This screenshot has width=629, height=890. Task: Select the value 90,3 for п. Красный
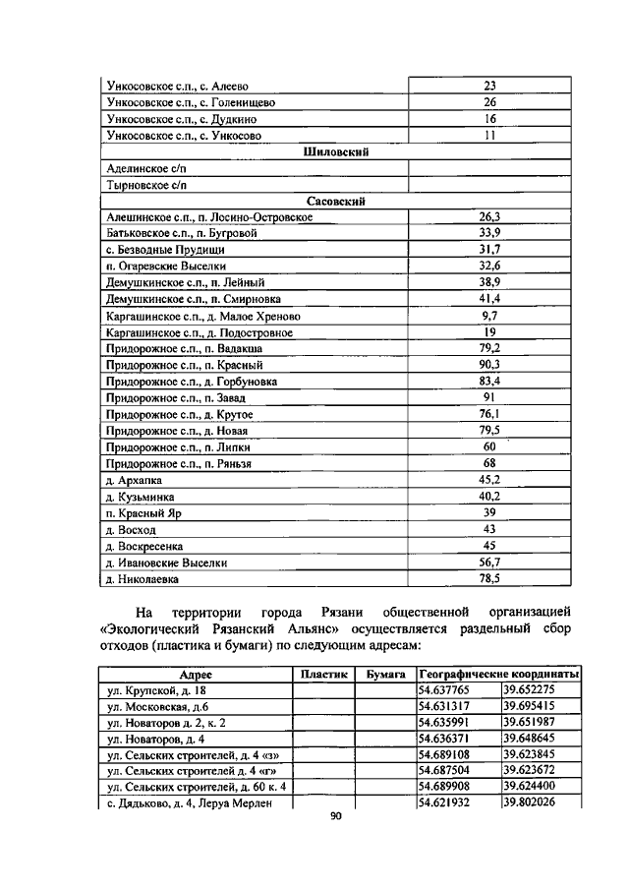tap(489, 364)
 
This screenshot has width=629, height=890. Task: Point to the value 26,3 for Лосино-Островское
tap(489, 216)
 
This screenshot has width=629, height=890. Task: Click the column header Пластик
tap(323, 674)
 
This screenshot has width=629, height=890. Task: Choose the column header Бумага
tap(384, 674)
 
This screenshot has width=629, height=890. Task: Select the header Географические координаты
tap(497, 674)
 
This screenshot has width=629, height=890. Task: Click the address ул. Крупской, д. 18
tap(156, 690)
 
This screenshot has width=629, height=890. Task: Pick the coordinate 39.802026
tap(529, 802)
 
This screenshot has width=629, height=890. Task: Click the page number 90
tap(334, 826)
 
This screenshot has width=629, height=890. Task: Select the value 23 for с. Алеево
tap(489, 86)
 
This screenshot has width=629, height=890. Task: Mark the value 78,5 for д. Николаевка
tap(489, 578)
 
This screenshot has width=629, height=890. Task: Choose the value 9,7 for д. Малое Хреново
tap(489, 315)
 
